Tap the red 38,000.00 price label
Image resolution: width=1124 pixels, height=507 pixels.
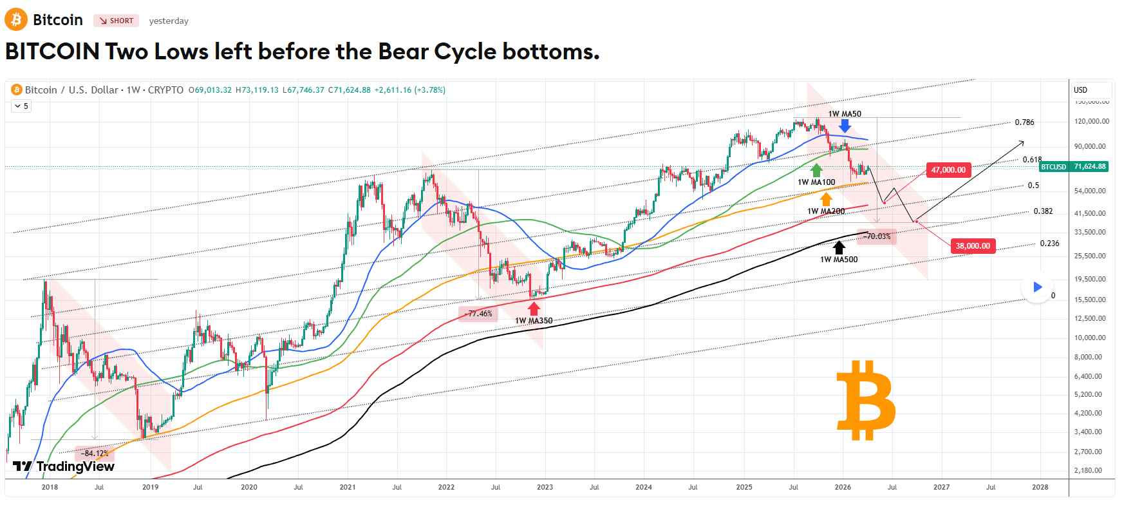tap(972, 245)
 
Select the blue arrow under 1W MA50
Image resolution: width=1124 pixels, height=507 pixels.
tap(844, 125)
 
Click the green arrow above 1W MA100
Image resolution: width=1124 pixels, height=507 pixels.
tap(816, 170)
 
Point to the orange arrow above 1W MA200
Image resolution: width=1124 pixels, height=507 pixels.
tap(826, 199)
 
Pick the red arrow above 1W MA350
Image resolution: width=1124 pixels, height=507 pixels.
tap(534, 308)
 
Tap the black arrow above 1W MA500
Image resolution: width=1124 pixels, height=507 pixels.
tap(838, 247)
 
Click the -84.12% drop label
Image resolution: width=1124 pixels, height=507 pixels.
tap(95, 453)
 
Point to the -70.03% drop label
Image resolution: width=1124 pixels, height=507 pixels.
tap(877, 236)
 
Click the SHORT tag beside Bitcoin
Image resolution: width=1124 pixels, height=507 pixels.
tap(117, 21)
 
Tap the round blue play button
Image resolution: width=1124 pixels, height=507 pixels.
tap(1037, 287)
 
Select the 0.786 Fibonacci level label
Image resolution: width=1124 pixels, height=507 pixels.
tap(1024, 122)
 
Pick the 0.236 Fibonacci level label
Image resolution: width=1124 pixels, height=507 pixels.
tap(1049, 244)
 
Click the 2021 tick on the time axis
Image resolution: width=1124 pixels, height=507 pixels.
tap(348, 487)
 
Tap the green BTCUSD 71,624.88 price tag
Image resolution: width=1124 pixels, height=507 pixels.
tap(1073, 166)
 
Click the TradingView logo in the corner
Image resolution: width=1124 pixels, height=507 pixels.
tap(64, 466)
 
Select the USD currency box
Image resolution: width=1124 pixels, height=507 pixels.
tap(1092, 90)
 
